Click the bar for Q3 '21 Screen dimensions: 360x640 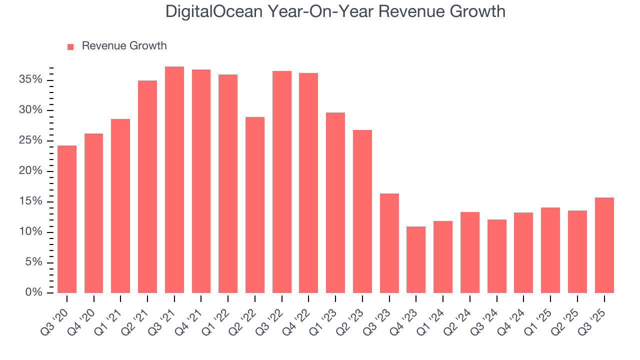coord(174,180)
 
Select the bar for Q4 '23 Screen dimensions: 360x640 coord(416,260)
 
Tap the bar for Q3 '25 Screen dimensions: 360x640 coord(604,245)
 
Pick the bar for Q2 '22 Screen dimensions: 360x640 coord(255,205)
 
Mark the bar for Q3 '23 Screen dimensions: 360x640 coord(389,243)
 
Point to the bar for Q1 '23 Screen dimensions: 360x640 coord(335,202)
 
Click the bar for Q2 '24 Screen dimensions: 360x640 coord(470,252)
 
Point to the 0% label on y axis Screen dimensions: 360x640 coord(34,293)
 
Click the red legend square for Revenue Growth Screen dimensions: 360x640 coord(70,46)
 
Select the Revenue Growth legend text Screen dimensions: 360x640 coord(124,46)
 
